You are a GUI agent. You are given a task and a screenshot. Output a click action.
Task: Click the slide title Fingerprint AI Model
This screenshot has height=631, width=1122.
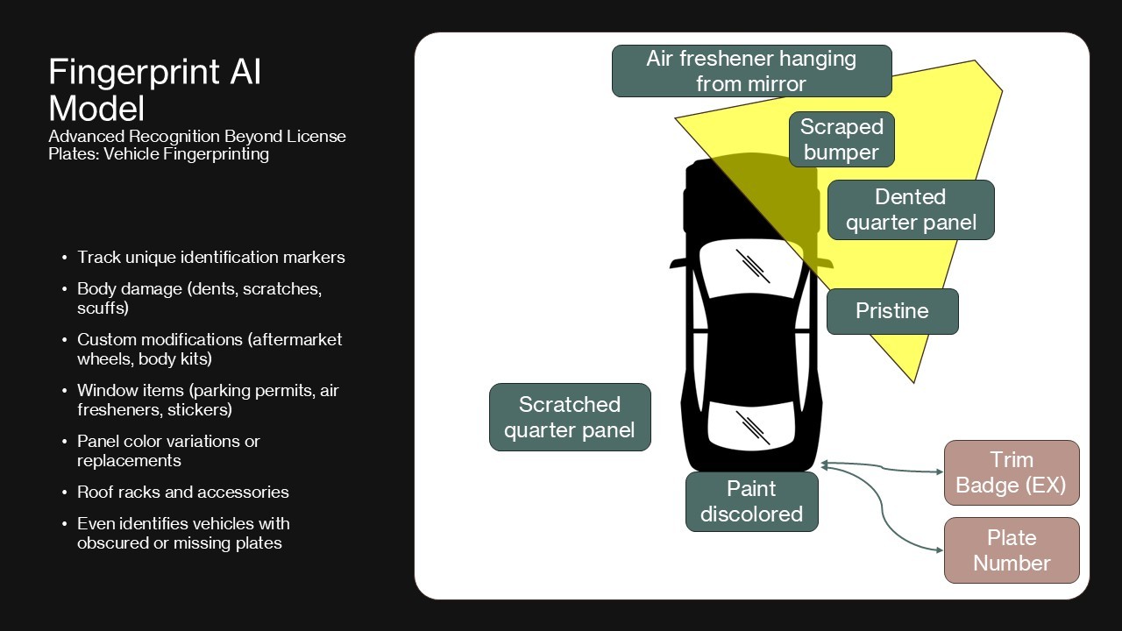pos(154,89)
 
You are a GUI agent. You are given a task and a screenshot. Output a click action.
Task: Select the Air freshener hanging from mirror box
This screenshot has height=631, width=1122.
pos(751,71)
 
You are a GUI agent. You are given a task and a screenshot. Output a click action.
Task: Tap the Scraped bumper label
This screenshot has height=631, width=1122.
pos(841,139)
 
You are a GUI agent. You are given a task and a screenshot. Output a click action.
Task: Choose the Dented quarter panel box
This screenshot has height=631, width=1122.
pos(911,209)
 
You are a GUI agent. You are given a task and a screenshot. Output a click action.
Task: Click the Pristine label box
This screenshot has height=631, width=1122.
pos(892,311)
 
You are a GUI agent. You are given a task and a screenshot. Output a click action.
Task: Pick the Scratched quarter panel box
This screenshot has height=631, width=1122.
pos(570,417)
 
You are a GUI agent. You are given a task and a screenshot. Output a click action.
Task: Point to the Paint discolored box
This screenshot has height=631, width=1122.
pos(751,501)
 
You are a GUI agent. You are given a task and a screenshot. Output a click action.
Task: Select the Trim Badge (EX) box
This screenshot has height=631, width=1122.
pos(1011,472)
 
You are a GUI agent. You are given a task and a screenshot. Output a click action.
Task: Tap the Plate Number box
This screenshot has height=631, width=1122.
pos(1011,549)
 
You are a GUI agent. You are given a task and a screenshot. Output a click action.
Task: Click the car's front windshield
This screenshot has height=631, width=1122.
pos(752,267)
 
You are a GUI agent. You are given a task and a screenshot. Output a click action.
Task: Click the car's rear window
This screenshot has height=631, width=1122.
pos(752,428)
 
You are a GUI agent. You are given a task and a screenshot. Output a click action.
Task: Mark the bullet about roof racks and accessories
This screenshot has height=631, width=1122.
pos(182,492)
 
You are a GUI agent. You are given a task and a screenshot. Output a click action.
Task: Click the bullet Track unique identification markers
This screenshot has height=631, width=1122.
pos(210,257)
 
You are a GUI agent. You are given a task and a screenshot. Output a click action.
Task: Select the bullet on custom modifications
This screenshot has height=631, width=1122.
pos(209,349)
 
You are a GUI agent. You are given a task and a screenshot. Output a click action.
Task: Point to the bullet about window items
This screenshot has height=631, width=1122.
pos(207,400)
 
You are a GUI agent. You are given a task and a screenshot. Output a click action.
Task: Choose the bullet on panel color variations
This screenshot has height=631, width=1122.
pos(168,450)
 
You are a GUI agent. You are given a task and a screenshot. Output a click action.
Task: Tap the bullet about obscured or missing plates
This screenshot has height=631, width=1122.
pos(182,533)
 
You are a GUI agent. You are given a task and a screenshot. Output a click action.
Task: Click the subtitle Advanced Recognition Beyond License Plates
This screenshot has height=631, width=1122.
pos(197,145)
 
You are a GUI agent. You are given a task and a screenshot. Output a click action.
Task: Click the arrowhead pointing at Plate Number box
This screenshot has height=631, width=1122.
pos(939,550)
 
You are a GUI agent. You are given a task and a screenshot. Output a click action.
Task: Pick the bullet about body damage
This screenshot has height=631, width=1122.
pos(199,298)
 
